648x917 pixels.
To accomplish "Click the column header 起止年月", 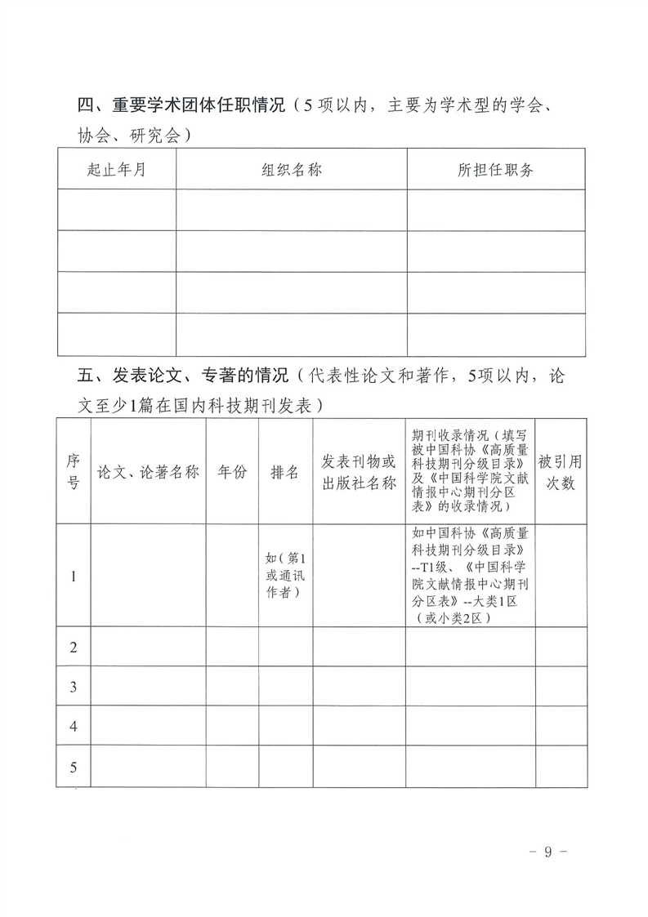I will pyautogui.click(x=117, y=170).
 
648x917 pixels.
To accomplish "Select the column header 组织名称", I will pyautogui.click(x=291, y=170).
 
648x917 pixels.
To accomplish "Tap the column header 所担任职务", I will pyautogui.click(x=495, y=170).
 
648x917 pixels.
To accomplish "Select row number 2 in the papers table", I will pyautogui.click(x=73, y=648).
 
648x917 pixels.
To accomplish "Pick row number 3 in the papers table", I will pyautogui.click(x=73, y=688).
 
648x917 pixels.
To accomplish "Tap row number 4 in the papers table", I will pyautogui.click(x=73, y=727).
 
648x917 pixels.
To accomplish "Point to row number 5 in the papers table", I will pyautogui.click(x=73, y=767).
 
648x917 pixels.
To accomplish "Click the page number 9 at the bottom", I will pyautogui.click(x=548, y=851).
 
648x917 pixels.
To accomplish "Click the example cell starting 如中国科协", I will pyautogui.click(x=470, y=576).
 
